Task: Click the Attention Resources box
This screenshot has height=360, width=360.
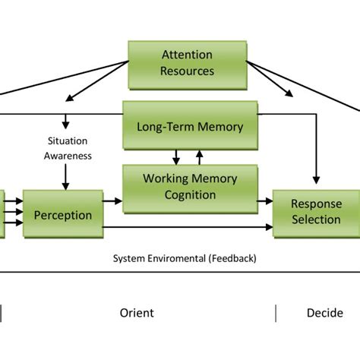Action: tap(188, 62)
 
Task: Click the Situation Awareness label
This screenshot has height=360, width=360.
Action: tap(68, 148)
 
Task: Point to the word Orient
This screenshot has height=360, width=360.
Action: tap(137, 313)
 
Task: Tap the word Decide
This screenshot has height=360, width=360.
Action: tap(324, 313)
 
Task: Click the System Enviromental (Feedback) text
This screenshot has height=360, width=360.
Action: tap(185, 258)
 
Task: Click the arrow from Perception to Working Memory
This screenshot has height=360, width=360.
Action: tap(112, 201)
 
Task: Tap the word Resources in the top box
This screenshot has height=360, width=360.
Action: tap(188, 71)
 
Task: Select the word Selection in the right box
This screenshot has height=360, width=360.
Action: tap(316, 219)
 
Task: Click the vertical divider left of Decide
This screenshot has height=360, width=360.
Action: tap(276, 313)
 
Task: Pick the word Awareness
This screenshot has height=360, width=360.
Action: tap(68, 156)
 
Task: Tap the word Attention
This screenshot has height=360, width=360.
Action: tap(188, 55)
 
